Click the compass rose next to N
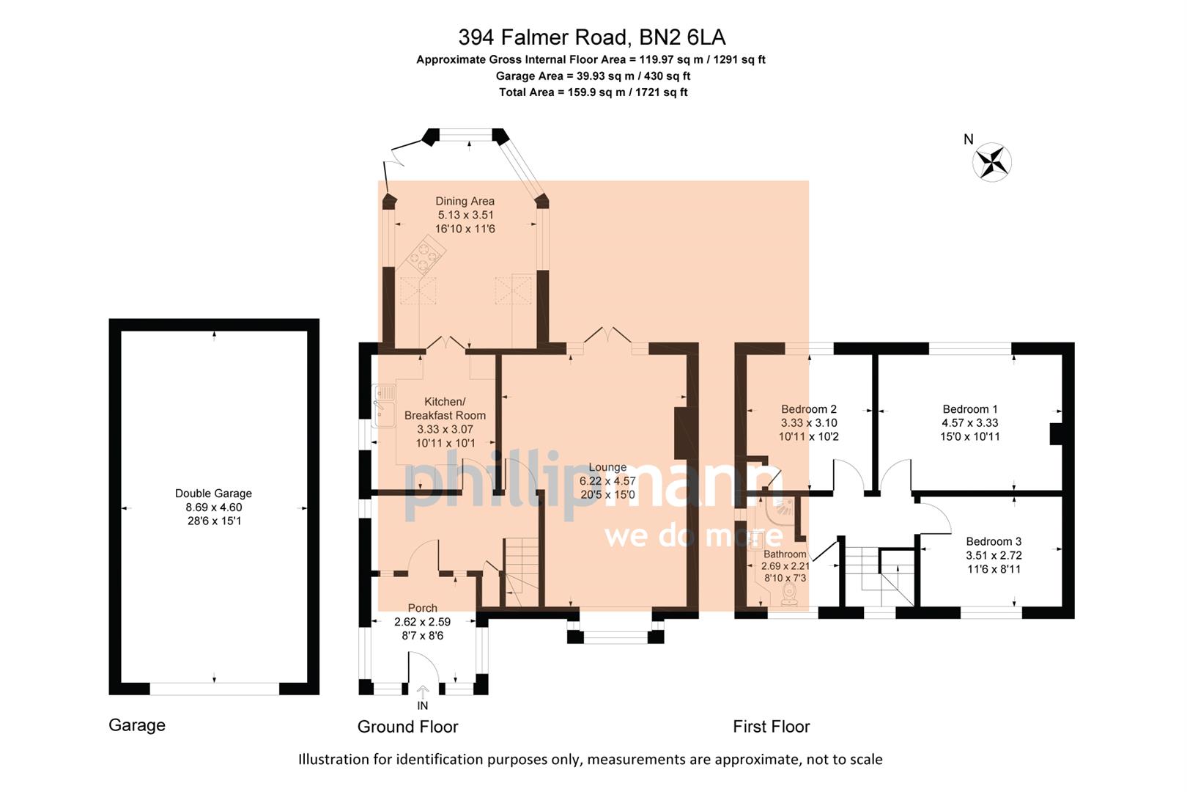tap(992, 161)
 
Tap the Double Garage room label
tap(213, 494)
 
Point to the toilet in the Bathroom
tap(790, 593)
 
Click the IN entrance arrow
tap(423, 693)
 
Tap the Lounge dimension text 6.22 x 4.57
tap(607, 481)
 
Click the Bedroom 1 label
tap(969, 409)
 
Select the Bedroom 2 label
tap(808, 409)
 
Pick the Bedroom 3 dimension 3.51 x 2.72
tap(994, 555)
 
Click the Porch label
tap(422, 608)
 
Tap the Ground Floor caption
tap(407, 727)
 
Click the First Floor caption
tap(771, 727)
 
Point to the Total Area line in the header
tap(593, 92)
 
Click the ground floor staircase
tap(520, 572)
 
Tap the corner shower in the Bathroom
tap(783, 509)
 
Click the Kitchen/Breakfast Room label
tap(445, 408)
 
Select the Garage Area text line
tap(593, 76)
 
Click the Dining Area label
tap(465, 201)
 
